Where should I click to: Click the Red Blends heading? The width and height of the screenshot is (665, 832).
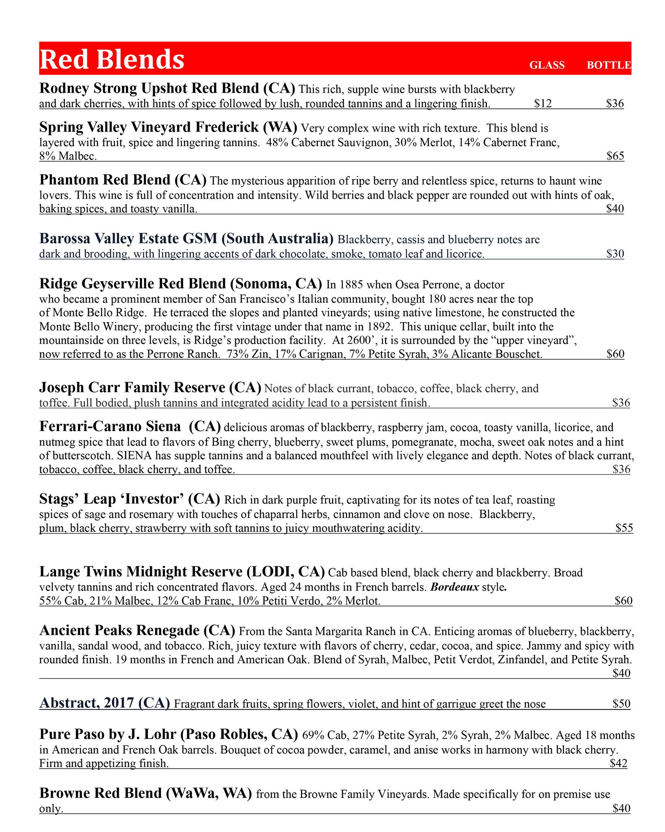click(x=112, y=59)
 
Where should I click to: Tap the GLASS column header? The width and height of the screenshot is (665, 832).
click(x=547, y=65)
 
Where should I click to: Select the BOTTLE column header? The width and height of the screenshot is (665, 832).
click(x=609, y=65)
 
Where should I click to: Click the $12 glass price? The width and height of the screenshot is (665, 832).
click(x=543, y=104)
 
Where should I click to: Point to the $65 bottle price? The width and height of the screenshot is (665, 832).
click(x=615, y=156)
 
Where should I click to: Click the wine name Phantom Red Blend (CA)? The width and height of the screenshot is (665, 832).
click(x=123, y=180)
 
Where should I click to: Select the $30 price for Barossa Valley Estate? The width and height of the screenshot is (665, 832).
click(x=615, y=254)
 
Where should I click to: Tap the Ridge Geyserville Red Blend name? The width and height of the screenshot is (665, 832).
click(x=181, y=283)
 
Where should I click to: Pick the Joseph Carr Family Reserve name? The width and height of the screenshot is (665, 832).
click(x=150, y=388)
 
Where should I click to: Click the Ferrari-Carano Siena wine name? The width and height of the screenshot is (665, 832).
click(x=130, y=426)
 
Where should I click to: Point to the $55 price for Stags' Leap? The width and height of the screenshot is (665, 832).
click(x=624, y=528)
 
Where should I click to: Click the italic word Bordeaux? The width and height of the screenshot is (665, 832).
click(x=455, y=587)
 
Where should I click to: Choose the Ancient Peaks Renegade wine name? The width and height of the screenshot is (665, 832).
click(x=137, y=630)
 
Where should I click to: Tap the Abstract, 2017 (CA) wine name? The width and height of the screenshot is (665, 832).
click(x=104, y=703)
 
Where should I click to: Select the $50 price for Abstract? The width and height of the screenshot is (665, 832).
click(x=622, y=704)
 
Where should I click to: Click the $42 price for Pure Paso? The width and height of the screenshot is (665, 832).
click(x=618, y=763)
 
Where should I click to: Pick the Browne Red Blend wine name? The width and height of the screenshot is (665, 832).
click(x=145, y=793)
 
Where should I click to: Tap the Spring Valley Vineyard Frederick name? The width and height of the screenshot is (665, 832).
click(x=168, y=127)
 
